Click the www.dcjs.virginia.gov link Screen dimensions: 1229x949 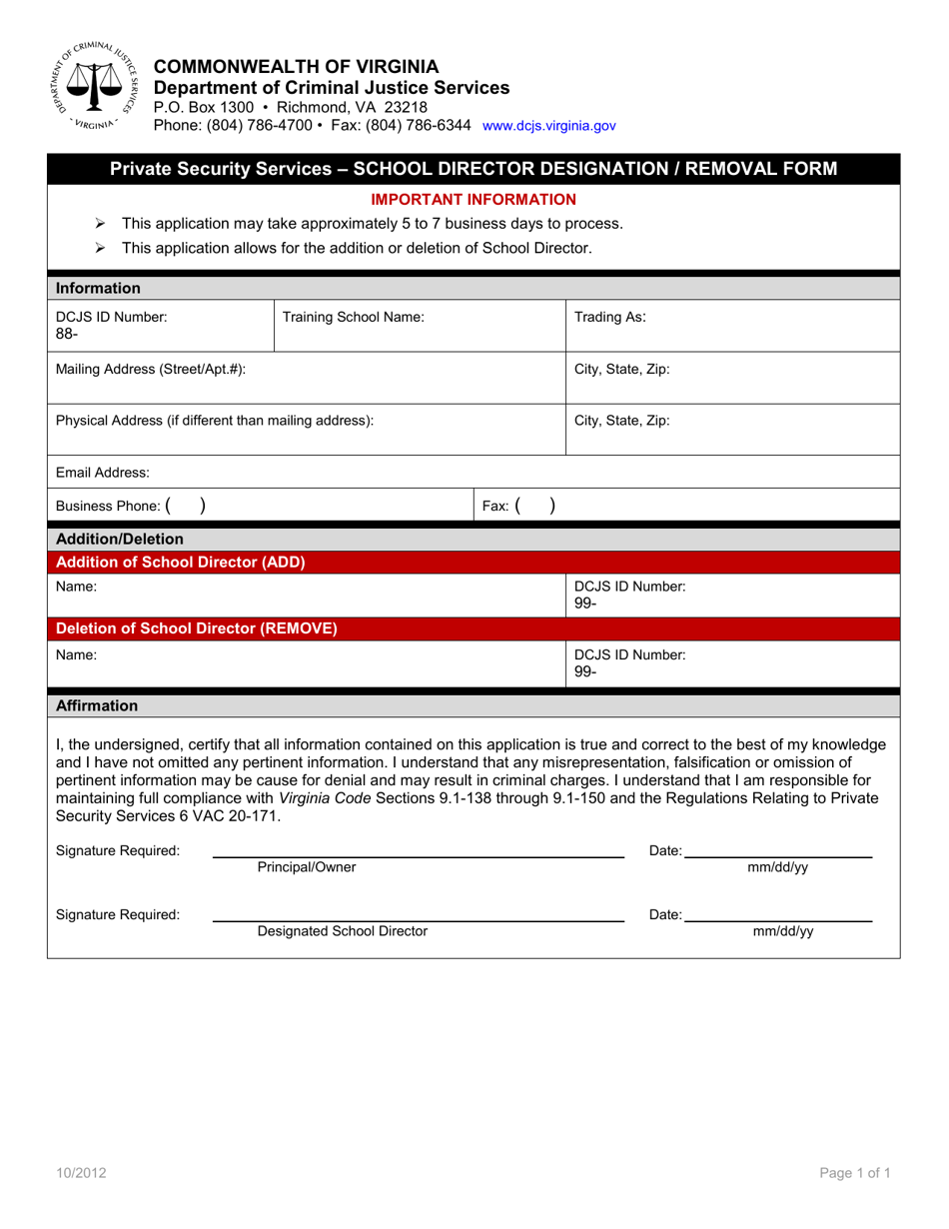548,126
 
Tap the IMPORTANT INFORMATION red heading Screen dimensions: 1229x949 474,200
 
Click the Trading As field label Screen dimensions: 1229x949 609,317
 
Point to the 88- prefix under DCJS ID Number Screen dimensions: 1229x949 66,334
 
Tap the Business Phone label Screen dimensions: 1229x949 109,507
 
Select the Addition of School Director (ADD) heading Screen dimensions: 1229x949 181,563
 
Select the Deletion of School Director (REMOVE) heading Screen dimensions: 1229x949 197,629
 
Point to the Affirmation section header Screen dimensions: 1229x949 97,705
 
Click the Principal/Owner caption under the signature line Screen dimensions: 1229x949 306,867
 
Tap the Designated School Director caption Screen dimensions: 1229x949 342,931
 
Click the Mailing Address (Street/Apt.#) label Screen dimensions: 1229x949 150,369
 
